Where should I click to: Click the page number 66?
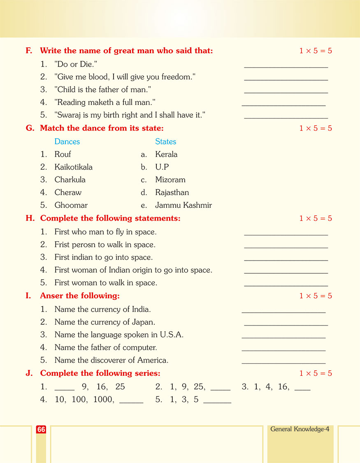(x=41, y=430)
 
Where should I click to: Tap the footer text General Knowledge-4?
(x=300, y=429)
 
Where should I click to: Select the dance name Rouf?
(x=63, y=154)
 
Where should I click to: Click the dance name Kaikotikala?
(x=73, y=167)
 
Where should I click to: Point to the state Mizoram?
(x=170, y=180)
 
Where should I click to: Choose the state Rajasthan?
(x=172, y=193)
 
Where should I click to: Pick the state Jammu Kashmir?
(x=183, y=205)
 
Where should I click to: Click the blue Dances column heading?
(x=67, y=142)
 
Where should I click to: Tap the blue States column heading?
(x=165, y=142)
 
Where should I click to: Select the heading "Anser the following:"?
(x=80, y=296)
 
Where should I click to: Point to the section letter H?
(x=30, y=219)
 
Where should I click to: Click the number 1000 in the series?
(x=104, y=400)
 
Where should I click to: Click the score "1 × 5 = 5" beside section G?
(x=316, y=128)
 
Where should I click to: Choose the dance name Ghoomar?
(x=71, y=205)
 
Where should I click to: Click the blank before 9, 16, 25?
(x=65, y=389)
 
